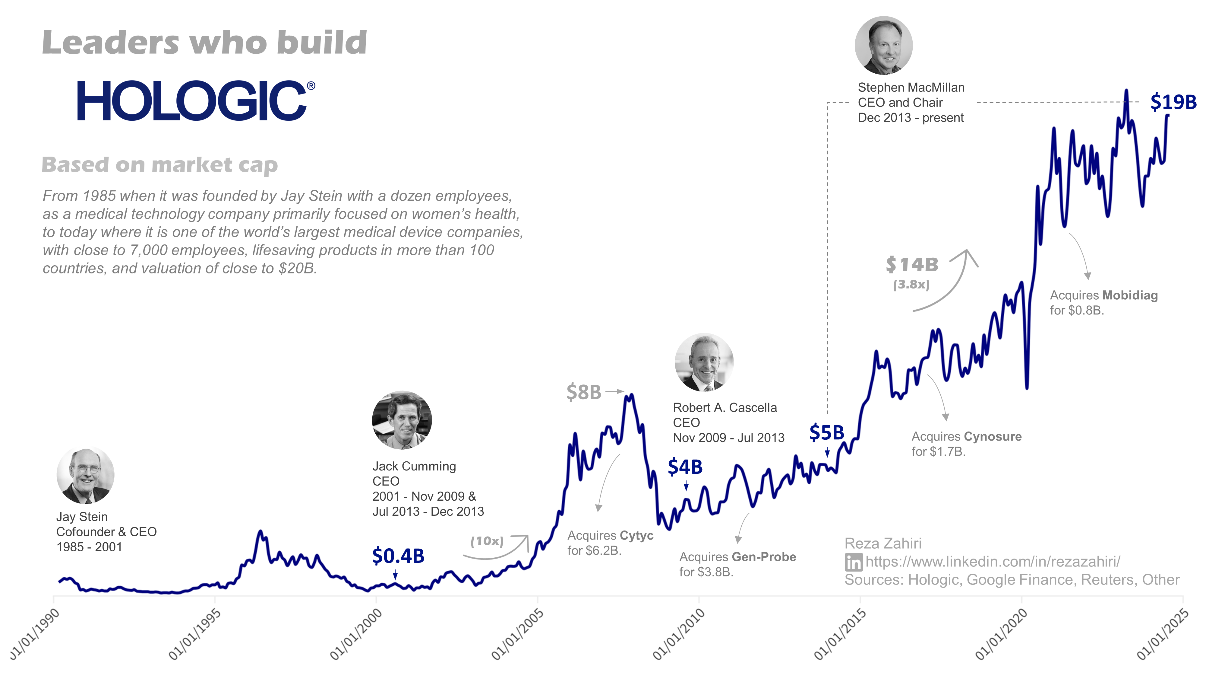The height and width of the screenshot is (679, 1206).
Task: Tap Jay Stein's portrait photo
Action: [x=85, y=475]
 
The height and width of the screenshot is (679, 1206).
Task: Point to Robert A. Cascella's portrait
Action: [x=704, y=362]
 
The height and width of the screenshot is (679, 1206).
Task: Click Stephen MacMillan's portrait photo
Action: [x=883, y=46]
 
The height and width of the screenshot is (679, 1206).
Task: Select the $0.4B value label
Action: [x=398, y=556]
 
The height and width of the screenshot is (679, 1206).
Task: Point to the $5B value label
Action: [x=826, y=432]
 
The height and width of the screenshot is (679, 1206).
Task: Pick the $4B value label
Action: [x=685, y=467]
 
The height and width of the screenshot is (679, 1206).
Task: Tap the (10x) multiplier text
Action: [x=487, y=541]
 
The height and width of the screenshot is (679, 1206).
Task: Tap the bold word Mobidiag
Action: [x=1130, y=295]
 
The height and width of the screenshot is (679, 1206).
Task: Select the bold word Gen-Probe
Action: [x=764, y=557]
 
